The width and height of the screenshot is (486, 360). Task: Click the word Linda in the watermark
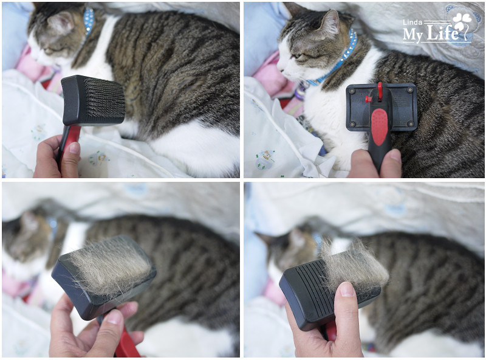(x=412, y=22)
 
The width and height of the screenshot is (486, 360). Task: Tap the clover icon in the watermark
(x=462, y=21)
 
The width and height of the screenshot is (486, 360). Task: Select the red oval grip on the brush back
(x=379, y=127)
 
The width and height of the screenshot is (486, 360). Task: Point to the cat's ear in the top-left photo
(x=61, y=22)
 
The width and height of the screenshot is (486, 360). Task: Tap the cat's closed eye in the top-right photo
(x=296, y=56)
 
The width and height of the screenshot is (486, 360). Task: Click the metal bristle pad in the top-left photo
(x=103, y=97)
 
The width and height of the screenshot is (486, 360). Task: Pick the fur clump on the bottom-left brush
(x=109, y=265)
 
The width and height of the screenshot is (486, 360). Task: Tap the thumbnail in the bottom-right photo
(x=346, y=289)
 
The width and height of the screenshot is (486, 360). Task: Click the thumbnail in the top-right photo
(x=395, y=155)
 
